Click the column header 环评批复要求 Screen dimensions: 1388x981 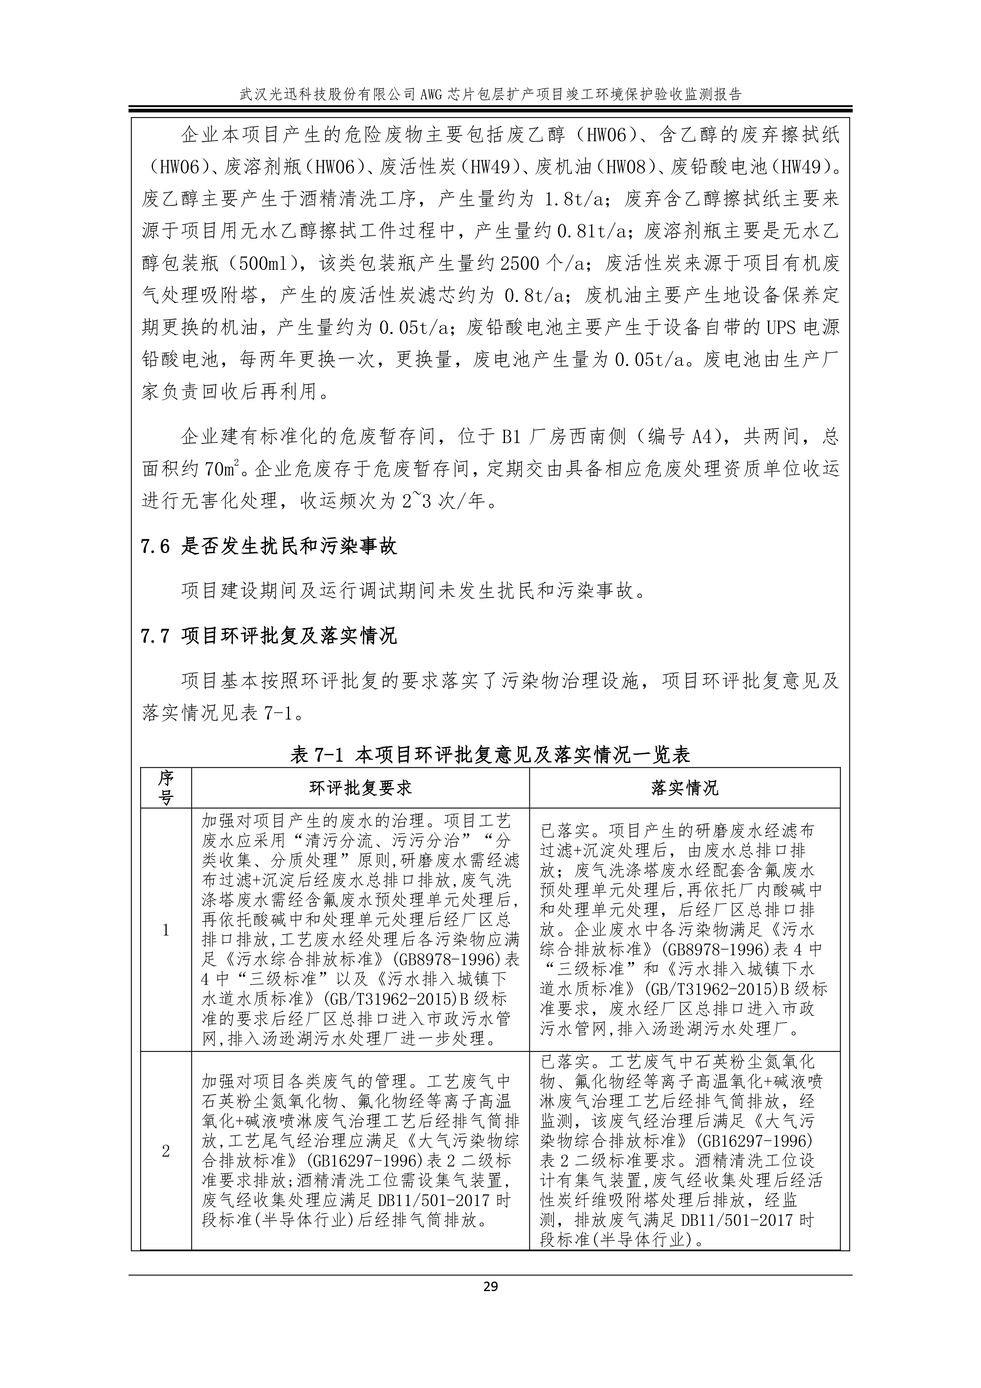360,788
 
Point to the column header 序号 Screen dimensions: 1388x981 166,788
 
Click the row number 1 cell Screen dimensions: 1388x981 166,930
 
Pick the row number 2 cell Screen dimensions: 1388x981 166,1151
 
